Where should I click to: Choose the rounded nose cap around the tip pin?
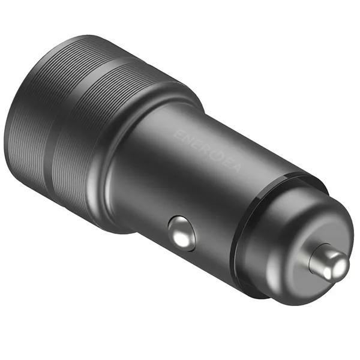pyautogui.click(x=288, y=240)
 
